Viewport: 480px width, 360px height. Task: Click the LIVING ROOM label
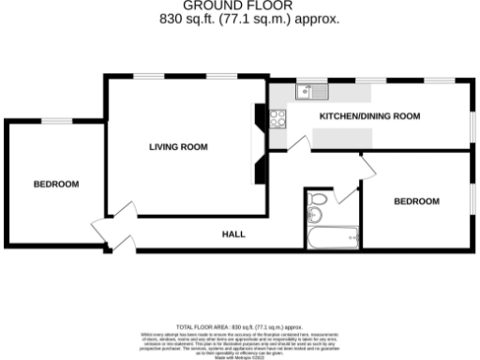(178, 147)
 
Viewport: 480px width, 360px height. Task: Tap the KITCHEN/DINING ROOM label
(369, 116)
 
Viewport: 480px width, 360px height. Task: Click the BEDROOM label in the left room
(55, 184)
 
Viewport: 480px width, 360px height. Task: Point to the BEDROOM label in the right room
(415, 201)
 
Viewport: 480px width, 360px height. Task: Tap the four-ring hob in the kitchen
(278, 118)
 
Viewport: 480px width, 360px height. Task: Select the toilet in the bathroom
(317, 201)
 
